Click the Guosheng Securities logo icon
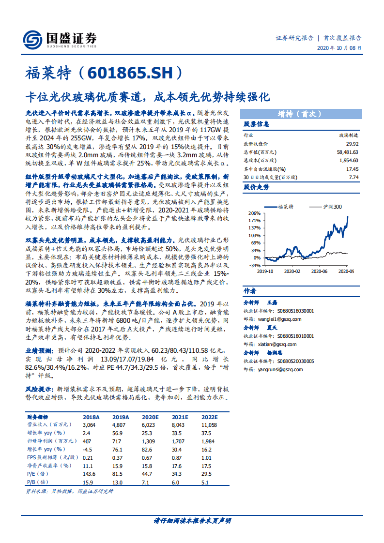[x=32, y=38]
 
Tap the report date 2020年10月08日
[x=339, y=48]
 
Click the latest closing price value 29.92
[x=352, y=144]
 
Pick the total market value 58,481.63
[x=347, y=152]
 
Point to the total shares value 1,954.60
[x=349, y=160]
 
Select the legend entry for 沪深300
[x=332, y=207]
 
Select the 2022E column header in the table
[x=210, y=417]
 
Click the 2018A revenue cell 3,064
[x=90, y=424]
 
